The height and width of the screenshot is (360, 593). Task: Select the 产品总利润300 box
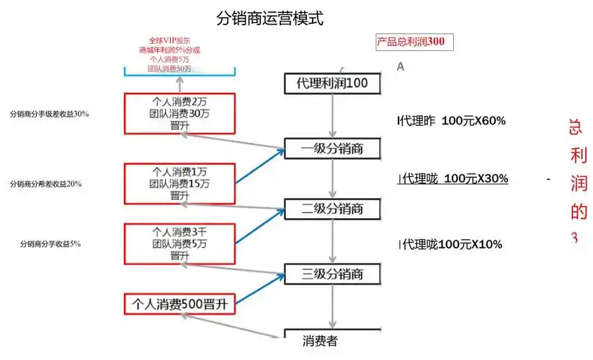414,42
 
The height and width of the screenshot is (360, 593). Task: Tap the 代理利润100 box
332,84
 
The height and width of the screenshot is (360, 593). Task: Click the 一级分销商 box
332,148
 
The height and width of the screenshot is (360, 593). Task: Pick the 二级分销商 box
332,209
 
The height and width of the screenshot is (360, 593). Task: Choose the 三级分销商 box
332,274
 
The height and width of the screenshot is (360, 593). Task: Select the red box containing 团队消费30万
180,113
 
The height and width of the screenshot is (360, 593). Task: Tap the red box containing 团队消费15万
180,183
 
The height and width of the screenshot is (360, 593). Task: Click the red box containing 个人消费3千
180,243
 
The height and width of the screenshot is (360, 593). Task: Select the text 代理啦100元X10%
452,245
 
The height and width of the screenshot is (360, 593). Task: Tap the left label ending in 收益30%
49,114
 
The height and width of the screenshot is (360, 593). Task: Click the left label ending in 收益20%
45,184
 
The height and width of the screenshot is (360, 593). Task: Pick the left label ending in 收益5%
50,244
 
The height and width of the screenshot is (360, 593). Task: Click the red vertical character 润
578,184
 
